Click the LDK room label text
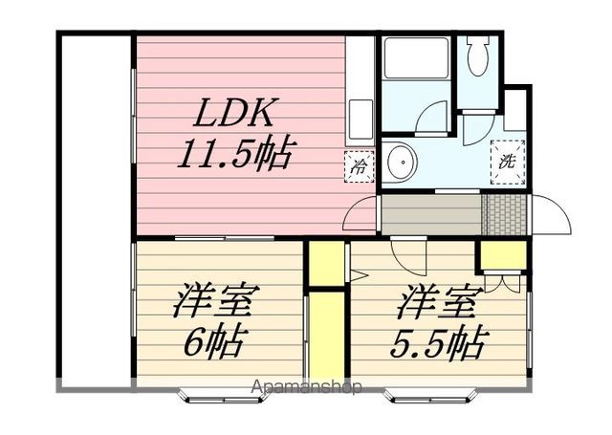point(235,113)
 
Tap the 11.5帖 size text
point(236,153)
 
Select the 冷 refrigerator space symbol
point(360,167)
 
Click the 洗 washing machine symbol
point(508,162)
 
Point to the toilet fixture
point(478,55)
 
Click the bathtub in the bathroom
point(416,57)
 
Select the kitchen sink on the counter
point(361,120)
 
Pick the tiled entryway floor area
point(505,214)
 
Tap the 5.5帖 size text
point(439,343)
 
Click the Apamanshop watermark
point(306,387)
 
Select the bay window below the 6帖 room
point(225,396)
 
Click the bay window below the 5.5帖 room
point(430,396)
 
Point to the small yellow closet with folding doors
point(504,255)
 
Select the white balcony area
point(96,210)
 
